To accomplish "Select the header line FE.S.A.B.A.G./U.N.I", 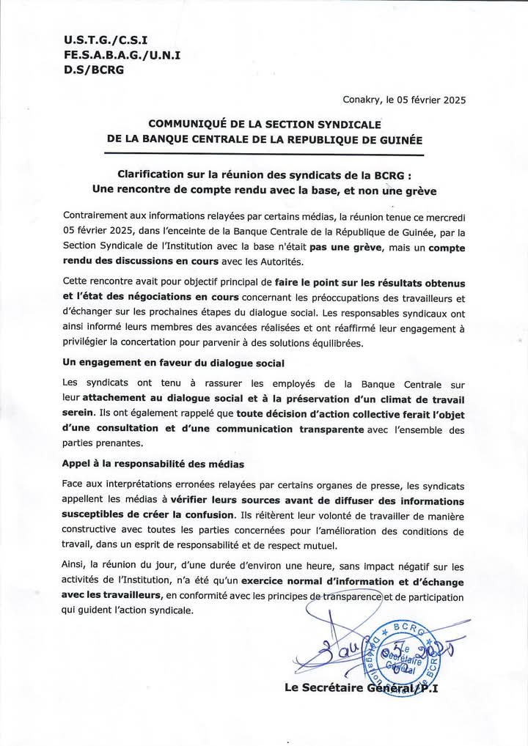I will (x=111, y=55).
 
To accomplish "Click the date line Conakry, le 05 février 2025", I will (x=404, y=100).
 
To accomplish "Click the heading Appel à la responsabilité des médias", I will (x=155, y=465).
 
